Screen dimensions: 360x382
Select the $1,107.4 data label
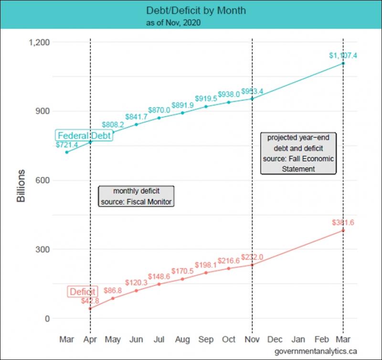(343, 55)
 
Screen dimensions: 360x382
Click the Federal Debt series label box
(84, 136)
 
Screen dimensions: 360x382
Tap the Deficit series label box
(82, 292)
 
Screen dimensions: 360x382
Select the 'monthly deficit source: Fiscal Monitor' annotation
(136, 196)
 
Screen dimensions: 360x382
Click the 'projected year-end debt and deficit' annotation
(298, 153)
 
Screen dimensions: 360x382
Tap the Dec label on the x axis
(275, 339)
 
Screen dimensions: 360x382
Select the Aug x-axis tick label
(182, 339)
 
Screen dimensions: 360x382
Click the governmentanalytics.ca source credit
(316, 351)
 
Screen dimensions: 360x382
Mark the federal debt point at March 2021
(343, 63)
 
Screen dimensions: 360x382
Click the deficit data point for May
(113, 298)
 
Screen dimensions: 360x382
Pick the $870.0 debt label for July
(159, 110)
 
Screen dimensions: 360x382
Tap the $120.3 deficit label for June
(136, 283)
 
